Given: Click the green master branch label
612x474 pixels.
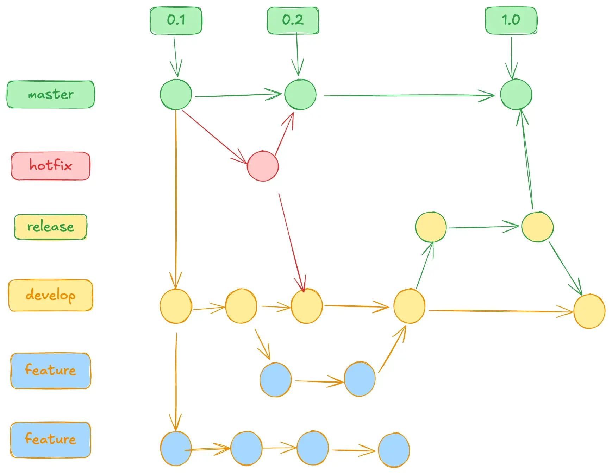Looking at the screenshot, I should [x=51, y=94].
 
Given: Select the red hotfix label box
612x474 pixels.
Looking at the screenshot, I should [x=51, y=166].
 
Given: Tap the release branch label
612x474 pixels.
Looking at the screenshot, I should [x=51, y=227].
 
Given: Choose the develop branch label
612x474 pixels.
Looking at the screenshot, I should [x=51, y=295].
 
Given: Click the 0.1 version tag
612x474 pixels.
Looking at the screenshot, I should [x=176, y=20].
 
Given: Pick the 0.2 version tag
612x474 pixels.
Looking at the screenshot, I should [x=293, y=20].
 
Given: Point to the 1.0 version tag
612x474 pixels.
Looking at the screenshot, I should [x=511, y=20].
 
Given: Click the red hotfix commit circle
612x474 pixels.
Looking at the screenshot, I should [x=263, y=166].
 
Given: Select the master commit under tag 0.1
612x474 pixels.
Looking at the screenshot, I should [x=176, y=94].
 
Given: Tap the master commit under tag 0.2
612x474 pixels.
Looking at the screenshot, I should [x=300, y=94].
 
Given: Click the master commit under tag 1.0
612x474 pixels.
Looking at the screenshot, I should [x=516, y=94].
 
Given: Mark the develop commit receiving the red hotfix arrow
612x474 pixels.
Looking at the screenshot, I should [x=307, y=306].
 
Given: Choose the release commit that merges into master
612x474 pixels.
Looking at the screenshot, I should [x=537, y=227].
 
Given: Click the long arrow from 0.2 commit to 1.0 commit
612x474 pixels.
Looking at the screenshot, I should [x=408, y=95].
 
